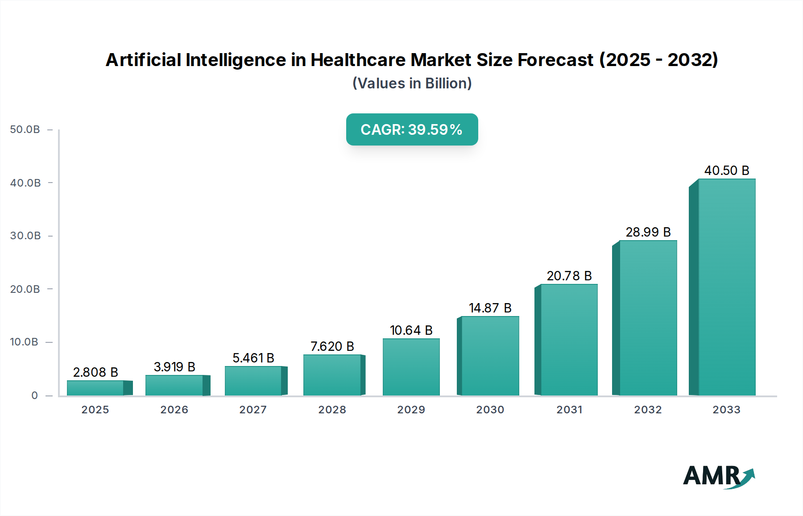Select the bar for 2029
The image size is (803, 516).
[x=411, y=367]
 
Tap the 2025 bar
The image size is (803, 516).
[x=95, y=388]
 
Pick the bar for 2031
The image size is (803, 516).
[x=569, y=340]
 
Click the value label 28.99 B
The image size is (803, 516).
[x=648, y=232]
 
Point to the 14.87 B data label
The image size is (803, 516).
[x=490, y=308]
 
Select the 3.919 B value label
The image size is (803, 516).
[x=174, y=367]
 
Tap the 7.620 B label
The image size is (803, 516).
[x=332, y=346]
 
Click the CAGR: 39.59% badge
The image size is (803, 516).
[x=412, y=129]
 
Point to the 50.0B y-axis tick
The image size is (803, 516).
[x=25, y=129]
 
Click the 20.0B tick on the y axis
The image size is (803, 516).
[x=25, y=289]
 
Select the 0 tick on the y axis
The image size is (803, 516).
[x=34, y=395]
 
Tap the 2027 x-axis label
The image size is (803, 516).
[x=253, y=410]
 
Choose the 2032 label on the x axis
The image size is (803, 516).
[x=648, y=410]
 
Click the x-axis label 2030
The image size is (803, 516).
[x=490, y=410]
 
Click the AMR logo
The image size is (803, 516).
[x=718, y=476]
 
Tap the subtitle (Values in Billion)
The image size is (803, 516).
[x=412, y=83]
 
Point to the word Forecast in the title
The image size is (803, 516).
[x=555, y=60]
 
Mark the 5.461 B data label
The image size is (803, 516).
[x=253, y=358]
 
